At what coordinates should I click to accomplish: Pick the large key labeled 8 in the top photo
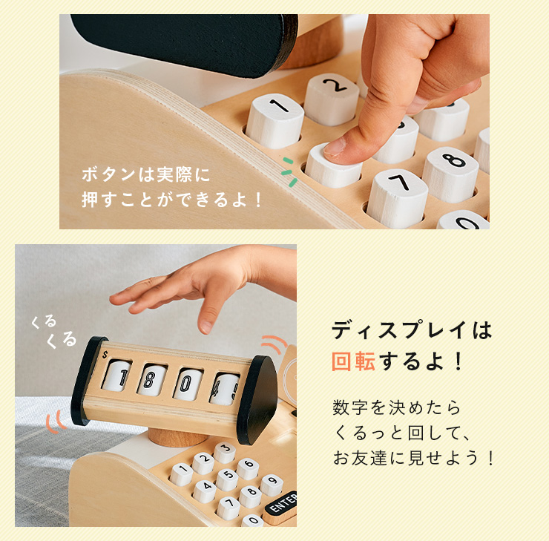451,174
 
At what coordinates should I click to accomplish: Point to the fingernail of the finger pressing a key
335,147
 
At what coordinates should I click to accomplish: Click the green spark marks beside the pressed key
289,172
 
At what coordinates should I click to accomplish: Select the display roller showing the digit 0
188,384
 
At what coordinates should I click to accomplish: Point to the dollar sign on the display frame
105,355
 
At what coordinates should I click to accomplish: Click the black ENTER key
281,503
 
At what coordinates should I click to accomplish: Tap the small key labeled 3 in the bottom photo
225,452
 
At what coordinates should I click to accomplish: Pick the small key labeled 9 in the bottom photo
272,485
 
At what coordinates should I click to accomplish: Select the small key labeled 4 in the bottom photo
205,491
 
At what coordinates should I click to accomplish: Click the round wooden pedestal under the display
177,437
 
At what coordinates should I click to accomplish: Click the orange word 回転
354,361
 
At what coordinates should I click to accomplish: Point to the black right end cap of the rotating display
257,399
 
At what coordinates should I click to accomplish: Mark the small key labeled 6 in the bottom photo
248,468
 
